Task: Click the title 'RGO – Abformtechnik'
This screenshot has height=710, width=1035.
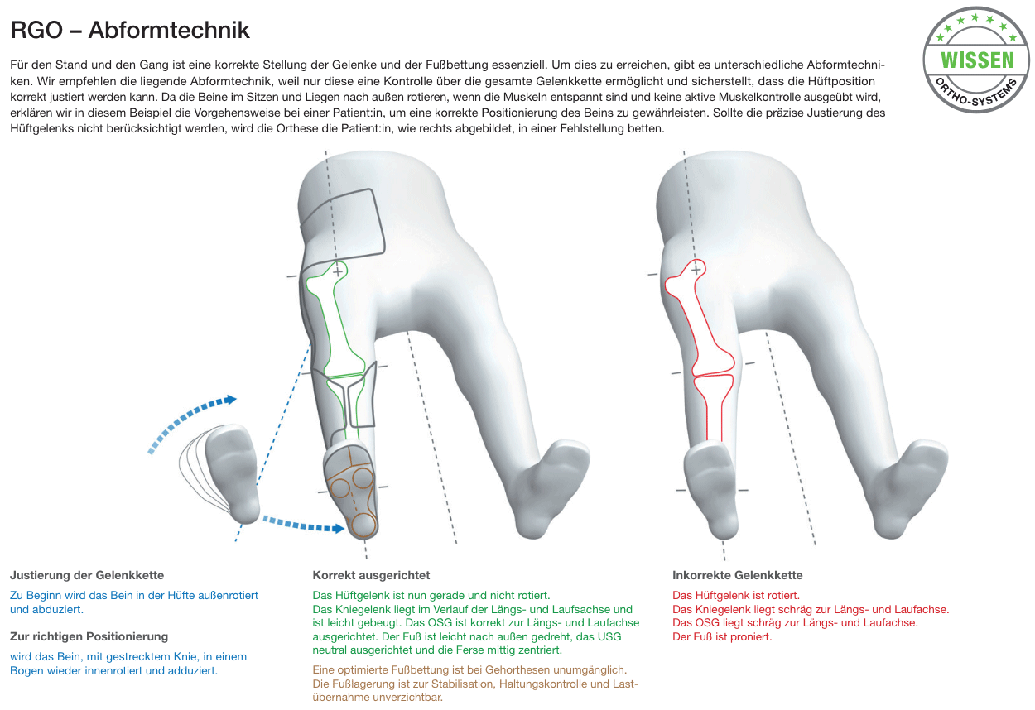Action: (x=130, y=31)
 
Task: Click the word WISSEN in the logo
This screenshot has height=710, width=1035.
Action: (x=977, y=60)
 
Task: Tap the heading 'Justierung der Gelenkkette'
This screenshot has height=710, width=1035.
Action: (x=87, y=575)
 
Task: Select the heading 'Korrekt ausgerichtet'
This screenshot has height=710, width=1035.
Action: (x=371, y=575)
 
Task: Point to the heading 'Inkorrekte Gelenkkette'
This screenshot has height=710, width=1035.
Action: (x=738, y=575)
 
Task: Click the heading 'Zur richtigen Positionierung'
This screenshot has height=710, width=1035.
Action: (x=89, y=636)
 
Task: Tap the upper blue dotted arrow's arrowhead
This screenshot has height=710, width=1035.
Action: (x=230, y=400)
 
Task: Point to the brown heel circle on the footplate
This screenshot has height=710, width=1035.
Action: (x=363, y=525)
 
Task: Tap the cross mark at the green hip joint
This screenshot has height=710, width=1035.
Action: (x=338, y=272)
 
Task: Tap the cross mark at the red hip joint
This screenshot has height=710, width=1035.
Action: (x=696, y=270)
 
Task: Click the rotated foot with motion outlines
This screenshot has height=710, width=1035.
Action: (x=231, y=476)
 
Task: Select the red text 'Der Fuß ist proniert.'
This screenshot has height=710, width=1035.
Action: (x=722, y=636)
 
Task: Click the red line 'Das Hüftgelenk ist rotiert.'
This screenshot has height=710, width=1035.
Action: (x=736, y=596)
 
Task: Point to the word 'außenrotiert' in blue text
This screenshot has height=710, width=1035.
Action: (x=229, y=596)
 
